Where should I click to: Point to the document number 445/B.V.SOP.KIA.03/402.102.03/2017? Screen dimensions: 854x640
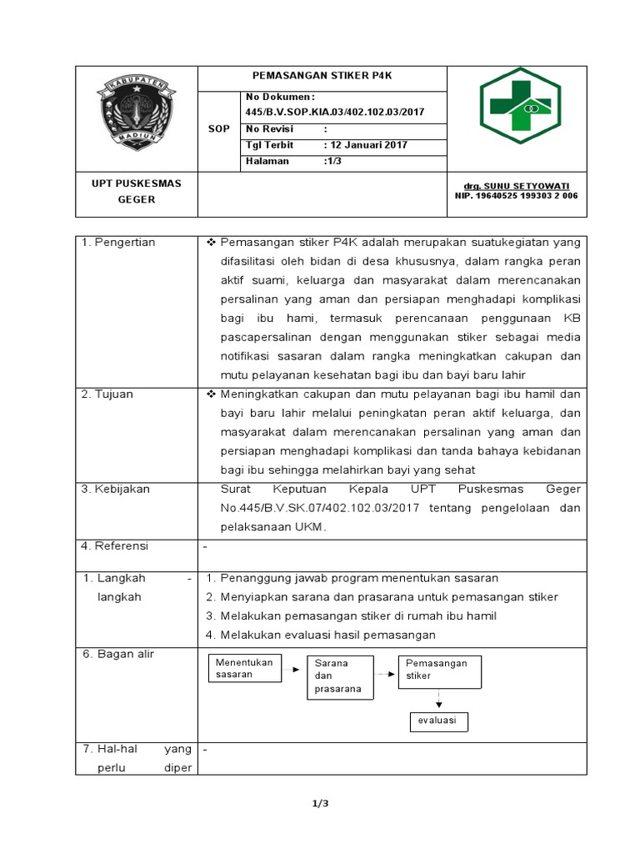click(x=335, y=113)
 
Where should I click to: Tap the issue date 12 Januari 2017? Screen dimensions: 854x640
click(x=365, y=145)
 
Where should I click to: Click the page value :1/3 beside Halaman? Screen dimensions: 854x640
click(x=333, y=161)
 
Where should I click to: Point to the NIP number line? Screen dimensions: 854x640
click(x=515, y=196)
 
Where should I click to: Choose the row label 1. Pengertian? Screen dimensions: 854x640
click(x=118, y=243)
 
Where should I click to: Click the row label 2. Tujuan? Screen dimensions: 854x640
click(x=107, y=394)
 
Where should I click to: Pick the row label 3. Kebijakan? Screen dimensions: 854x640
click(x=116, y=490)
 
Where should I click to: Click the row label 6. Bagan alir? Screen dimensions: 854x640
click(x=118, y=655)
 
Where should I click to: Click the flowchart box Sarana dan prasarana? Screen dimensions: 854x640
click(x=339, y=676)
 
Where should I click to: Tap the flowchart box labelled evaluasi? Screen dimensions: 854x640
click(x=437, y=721)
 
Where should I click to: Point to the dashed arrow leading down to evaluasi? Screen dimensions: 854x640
click(x=438, y=699)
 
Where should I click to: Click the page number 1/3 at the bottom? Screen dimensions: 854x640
click(x=321, y=804)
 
